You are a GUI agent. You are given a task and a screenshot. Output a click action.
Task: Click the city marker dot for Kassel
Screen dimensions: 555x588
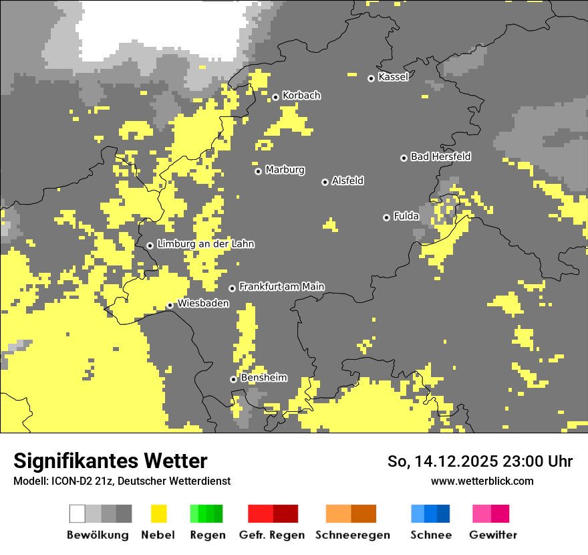371,78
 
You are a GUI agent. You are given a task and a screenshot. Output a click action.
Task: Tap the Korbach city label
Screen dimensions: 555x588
301,96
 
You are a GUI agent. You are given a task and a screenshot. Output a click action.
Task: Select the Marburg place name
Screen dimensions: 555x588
285,170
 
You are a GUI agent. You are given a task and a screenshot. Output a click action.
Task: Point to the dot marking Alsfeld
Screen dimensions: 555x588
325,182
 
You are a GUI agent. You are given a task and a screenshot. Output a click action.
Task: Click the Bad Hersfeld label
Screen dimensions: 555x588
440,156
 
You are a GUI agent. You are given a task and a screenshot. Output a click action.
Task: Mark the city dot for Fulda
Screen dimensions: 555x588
386,217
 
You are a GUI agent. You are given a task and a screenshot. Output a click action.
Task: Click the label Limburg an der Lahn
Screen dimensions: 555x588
205,244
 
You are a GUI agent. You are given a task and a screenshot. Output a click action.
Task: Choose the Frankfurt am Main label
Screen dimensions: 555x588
281,286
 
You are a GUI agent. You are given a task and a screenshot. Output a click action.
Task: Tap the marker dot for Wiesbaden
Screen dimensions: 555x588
170,306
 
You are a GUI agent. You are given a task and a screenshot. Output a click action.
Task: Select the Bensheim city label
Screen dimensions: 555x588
263,378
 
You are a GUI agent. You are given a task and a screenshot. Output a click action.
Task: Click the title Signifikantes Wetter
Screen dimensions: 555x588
110,461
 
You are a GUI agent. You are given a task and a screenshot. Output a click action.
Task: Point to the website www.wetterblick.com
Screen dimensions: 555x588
482,481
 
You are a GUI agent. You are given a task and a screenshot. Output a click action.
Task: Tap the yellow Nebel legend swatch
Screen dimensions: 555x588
158,514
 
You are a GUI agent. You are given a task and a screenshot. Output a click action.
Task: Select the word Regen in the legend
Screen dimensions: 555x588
206,535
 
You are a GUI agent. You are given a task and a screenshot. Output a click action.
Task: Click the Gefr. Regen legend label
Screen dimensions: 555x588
272,535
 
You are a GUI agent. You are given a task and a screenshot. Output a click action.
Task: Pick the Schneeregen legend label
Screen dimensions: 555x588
352,535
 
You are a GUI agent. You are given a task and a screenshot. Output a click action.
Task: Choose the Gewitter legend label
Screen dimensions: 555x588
492,535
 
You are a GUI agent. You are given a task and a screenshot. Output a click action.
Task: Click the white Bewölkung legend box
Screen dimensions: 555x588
78,514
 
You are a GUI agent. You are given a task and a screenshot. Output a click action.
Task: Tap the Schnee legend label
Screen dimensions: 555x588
430,535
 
